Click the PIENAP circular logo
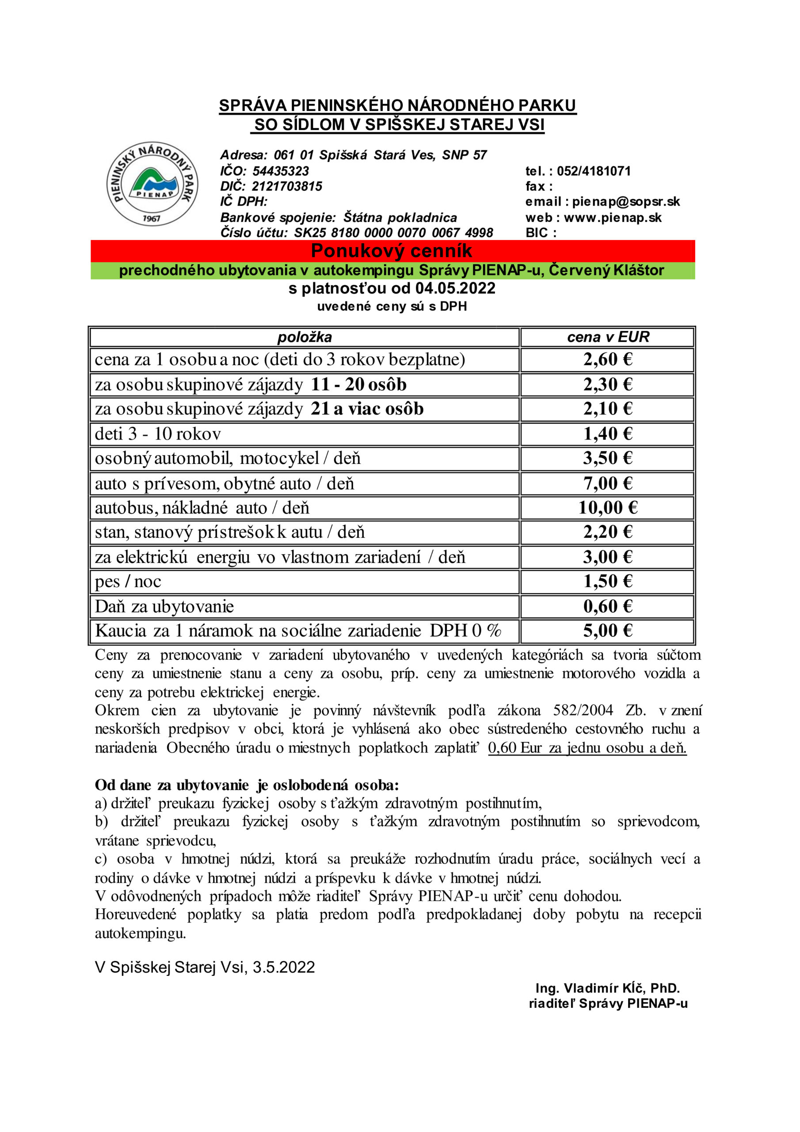tap(152, 184)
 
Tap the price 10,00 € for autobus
tap(607, 507)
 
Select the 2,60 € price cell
tap(607, 359)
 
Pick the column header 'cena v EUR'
tap(608, 337)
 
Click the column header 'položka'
tap(304, 337)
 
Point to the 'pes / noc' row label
tap(128, 582)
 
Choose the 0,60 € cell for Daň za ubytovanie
tap(607, 606)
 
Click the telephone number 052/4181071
tap(594, 171)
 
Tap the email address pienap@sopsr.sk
tap(626, 202)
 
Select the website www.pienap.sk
tap(612, 218)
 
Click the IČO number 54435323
tap(281, 171)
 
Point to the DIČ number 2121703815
tap(287, 186)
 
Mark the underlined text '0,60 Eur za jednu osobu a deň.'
tap(587, 748)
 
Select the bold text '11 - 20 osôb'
tap(358, 385)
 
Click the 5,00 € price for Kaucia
tap(607, 631)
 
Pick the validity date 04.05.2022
tap(455, 288)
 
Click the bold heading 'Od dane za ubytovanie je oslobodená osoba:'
tap(247, 785)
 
